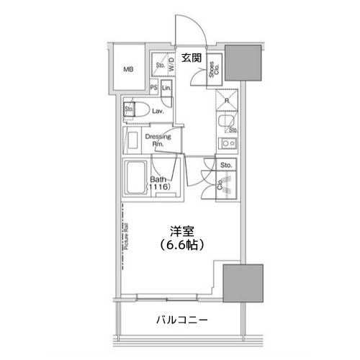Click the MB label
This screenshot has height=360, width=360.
(128, 70)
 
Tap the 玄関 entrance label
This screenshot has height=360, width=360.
(190, 57)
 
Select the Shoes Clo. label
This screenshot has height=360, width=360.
(213, 70)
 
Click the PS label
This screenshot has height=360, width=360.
(153, 89)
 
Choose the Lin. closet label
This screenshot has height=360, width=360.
(166, 89)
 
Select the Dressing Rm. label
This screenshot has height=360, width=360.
(157, 140)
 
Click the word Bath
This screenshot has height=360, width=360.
(159, 180)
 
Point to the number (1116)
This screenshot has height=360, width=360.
(159, 189)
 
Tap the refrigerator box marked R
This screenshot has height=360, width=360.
(226, 101)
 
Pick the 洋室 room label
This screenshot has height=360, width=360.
(180, 232)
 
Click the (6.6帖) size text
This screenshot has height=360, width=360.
(180, 246)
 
